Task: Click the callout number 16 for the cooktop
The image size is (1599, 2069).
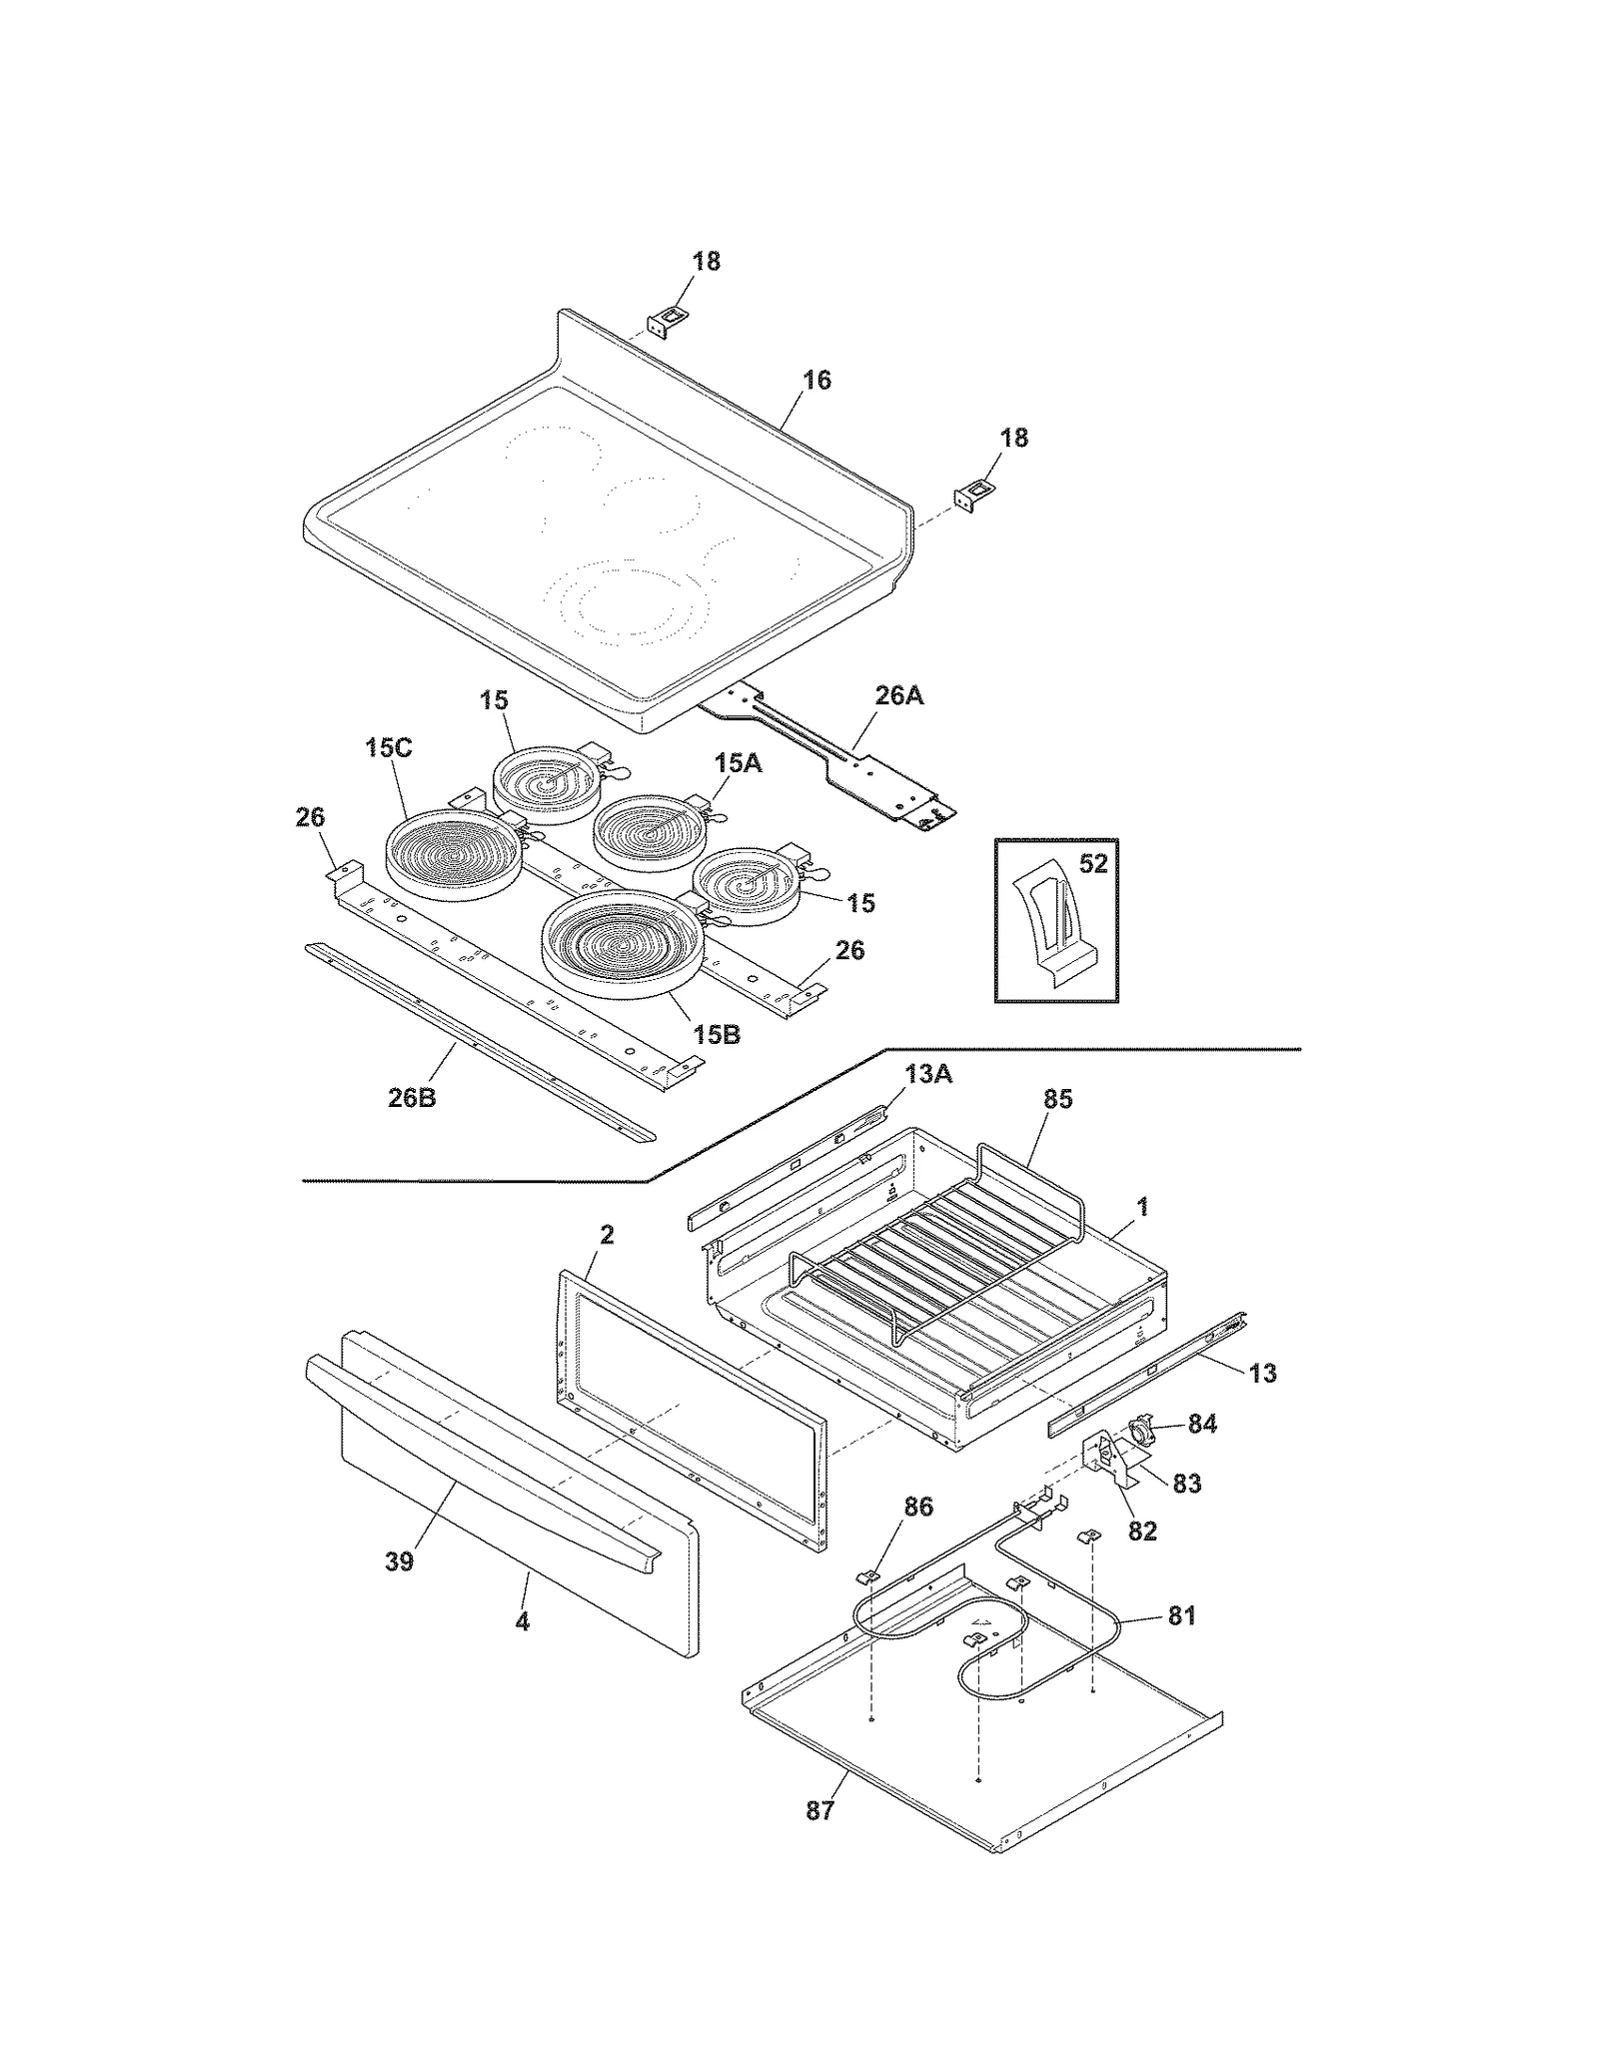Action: pyautogui.click(x=815, y=381)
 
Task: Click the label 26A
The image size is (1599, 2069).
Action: pyautogui.click(x=898, y=696)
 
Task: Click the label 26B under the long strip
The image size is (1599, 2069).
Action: pyautogui.click(x=412, y=1099)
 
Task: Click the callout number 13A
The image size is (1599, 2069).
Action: pyautogui.click(x=928, y=1074)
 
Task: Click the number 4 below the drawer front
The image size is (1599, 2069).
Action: pyautogui.click(x=522, y=1621)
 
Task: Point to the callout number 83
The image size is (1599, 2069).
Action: pyautogui.click(x=1186, y=1484)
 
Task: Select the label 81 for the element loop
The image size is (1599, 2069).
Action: pyautogui.click(x=1181, y=1615)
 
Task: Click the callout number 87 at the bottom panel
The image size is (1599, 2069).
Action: pyautogui.click(x=819, y=1810)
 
